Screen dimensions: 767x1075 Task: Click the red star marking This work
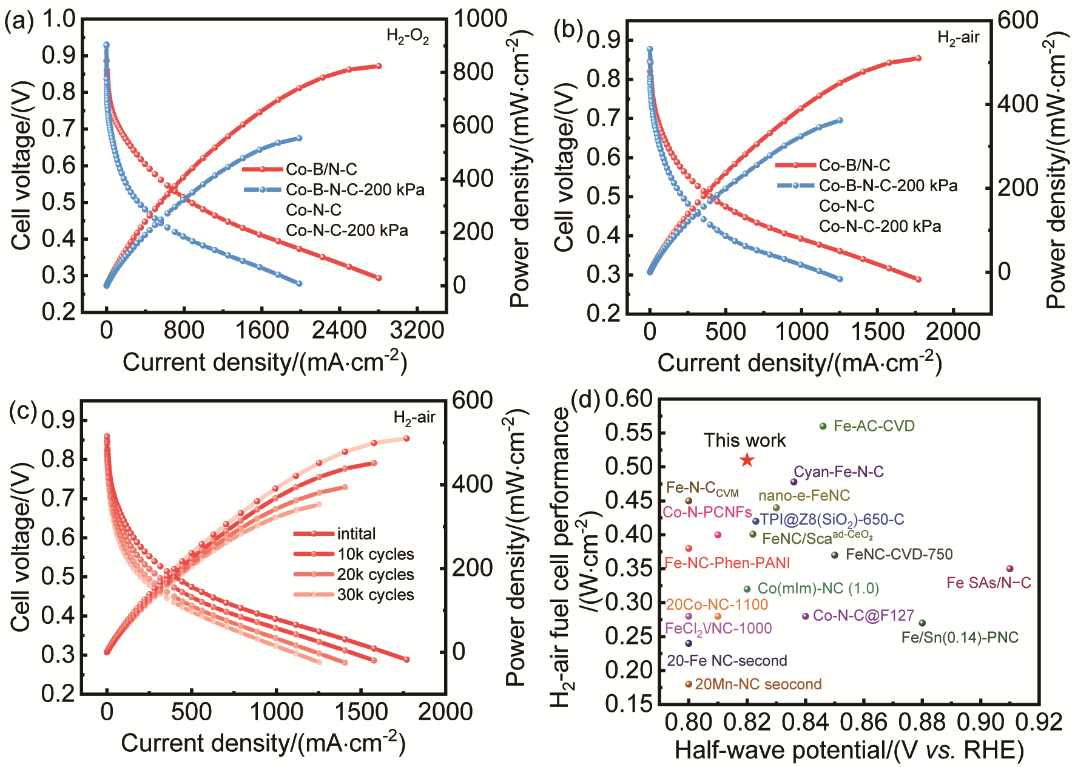pos(747,461)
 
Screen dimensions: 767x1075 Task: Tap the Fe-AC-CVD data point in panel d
pos(823,427)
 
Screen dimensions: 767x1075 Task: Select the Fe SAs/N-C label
pos(989,583)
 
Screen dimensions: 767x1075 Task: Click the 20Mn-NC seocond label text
pos(758,684)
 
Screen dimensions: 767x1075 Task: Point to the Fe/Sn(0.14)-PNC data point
pos(922,623)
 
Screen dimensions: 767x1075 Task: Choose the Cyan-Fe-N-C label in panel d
pos(838,472)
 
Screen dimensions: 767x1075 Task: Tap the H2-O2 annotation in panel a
pos(408,37)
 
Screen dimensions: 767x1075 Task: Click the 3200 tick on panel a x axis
pos(417,331)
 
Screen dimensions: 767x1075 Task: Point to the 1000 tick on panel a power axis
pos(480,18)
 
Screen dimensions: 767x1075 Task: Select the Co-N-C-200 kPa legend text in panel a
pos(347,231)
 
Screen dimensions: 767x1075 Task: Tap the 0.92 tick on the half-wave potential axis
pos(1040,723)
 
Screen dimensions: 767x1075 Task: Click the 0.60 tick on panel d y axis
pos(628,399)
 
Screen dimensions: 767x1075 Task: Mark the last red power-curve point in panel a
pos(379,66)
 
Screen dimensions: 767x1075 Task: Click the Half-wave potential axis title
pos(849,751)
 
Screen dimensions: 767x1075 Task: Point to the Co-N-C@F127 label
pos(863,616)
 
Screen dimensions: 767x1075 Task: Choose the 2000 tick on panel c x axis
pos(445,712)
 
